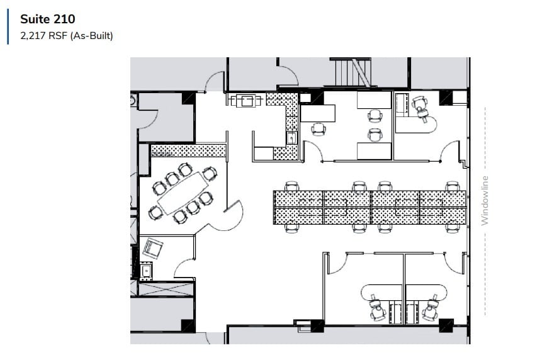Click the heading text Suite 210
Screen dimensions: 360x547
click(47, 20)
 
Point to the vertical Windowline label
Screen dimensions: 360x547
click(485, 200)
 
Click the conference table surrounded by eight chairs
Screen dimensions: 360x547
click(182, 192)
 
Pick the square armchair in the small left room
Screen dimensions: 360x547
click(152, 248)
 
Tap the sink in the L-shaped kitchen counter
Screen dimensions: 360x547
click(291, 138)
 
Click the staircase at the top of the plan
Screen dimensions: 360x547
click(350, 72)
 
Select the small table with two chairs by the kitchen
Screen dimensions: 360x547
click(246, 100)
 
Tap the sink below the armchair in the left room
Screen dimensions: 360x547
click(146, 271)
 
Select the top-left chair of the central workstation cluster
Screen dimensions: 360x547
click(291, 186)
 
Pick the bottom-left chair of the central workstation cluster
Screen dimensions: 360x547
click(291, 227)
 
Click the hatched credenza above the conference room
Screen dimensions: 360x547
click(189, 150)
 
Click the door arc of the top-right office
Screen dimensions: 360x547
click(452, 151)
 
